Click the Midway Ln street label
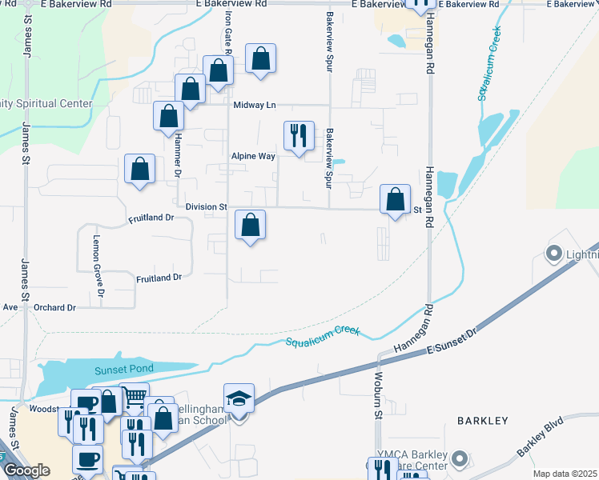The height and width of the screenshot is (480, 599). click(x=254, y=106)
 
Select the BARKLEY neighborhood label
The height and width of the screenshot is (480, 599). click(x=483, y=420)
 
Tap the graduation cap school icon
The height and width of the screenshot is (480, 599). click(x=239, y=398)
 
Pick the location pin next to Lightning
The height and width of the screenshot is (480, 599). click(x=553, y=255)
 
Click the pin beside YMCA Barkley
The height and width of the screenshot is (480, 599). click(x=459, y=459)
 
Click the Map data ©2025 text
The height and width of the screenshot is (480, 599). click(x=565, y=474)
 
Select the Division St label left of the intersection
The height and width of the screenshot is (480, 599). click(x=206, y=206)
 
